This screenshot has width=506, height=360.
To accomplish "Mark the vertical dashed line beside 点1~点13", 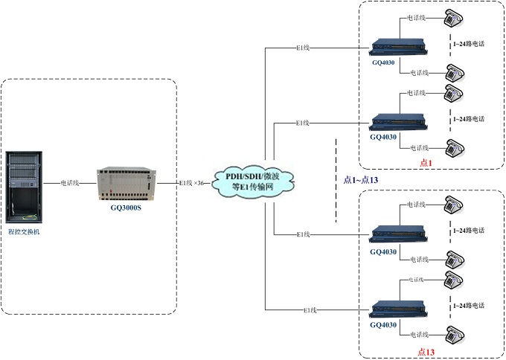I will pyautogui.click(x=336, y=179).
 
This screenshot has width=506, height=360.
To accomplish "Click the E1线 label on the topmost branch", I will pyautogui.click(x=301, y=49).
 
